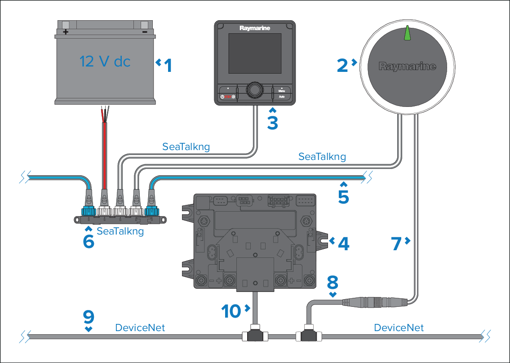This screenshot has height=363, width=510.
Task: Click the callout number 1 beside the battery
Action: tap(168, 66)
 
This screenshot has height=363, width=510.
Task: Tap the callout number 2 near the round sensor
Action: tap(343, 66)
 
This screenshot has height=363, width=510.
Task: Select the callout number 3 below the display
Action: tap(272, 123)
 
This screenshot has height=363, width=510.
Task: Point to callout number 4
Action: tap(343, 243)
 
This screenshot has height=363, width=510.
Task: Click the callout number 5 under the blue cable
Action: tap(344, 197)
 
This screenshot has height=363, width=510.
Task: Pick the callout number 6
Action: tap(89, 241)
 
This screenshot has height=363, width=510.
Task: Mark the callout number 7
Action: tap(396, 243)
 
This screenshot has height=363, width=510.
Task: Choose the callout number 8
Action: tap(333, 283)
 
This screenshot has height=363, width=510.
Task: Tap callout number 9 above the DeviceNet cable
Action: tap(89, 317)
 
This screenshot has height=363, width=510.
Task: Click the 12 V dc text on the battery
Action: tap(105, 61)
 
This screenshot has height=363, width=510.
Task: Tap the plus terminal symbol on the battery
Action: tap(66, 32)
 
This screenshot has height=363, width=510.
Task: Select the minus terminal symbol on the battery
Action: tap(145, 32)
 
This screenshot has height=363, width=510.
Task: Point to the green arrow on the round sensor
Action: tap(407, 34)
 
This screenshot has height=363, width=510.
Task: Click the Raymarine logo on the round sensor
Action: tap(407, 66)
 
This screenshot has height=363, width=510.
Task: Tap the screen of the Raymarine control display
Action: tap(254, 53)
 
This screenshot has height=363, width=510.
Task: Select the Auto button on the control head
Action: tap(282, 97)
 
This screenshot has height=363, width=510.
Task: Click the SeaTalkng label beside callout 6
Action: tap(120, 231)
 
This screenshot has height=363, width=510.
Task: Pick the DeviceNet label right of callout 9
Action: tap(140, 328)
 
